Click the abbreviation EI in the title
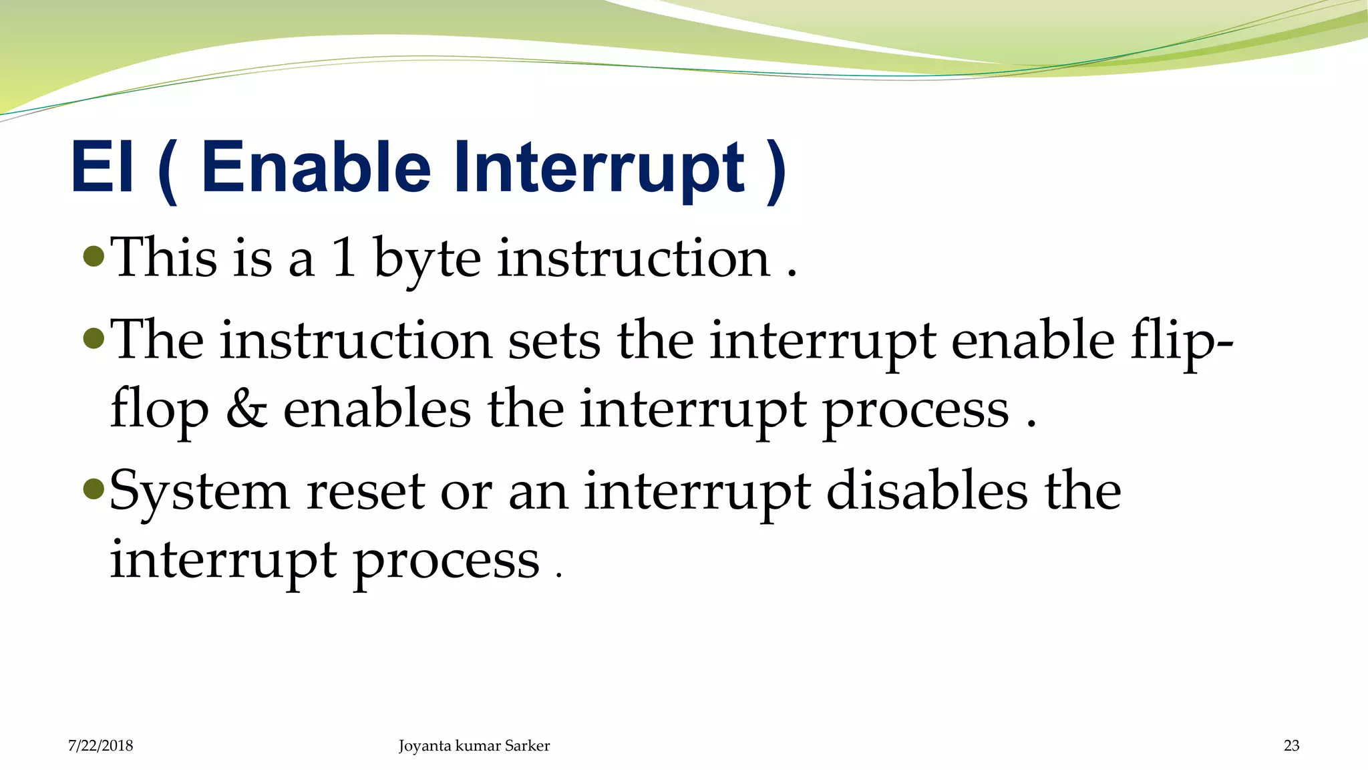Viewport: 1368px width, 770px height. pos(102,167)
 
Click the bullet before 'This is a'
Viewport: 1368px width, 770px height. pos(94,256)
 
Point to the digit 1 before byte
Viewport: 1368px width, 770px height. pos(344,258)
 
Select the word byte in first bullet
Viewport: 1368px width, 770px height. pos(427,261)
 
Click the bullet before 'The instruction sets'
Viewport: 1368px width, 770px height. pos(94,339)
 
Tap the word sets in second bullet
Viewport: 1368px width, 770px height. pos(554,341)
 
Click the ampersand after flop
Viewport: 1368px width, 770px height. pos(246,409)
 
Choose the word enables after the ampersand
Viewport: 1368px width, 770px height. pos(377,409)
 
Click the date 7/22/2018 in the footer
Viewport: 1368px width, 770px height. pos(100,746)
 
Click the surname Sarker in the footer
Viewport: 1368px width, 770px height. pos(527,746)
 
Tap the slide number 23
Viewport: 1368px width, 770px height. pos(1291,746)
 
